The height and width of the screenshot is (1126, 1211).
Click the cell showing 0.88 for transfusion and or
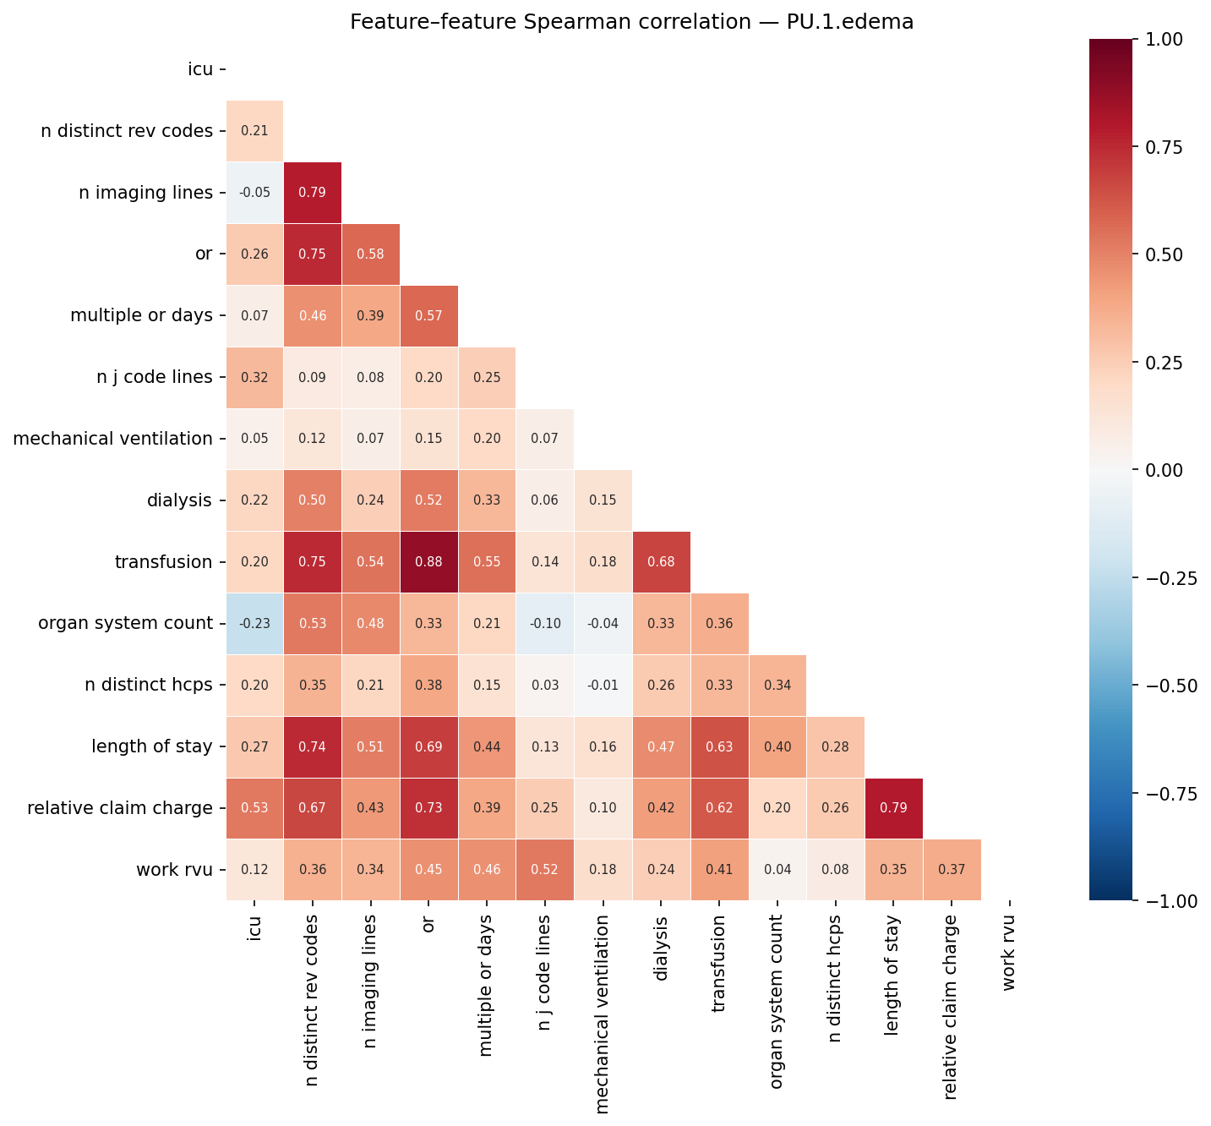pos(428,562)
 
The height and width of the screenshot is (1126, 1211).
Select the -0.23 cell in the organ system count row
pos(254,624)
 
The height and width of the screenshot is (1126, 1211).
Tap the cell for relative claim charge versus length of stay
pos(894,808)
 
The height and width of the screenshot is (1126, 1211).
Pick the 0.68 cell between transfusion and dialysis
pos(661,562)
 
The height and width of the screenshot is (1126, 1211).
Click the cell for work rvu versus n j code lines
pos(545,870)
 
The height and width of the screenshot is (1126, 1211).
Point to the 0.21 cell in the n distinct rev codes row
pos(254,131)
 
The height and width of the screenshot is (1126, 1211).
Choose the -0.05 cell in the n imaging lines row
pos(254,193)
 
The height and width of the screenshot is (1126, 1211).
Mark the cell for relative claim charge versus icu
pos(254,808)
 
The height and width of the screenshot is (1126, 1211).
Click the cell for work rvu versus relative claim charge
pos(952,870)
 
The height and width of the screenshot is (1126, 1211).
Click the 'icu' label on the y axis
pos(200,69)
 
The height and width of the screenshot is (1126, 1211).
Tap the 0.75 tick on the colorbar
pos(1166,147)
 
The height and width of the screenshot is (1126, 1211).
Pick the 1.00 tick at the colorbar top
pos(1166,39)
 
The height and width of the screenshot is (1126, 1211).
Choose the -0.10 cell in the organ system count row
pos(545,624)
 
